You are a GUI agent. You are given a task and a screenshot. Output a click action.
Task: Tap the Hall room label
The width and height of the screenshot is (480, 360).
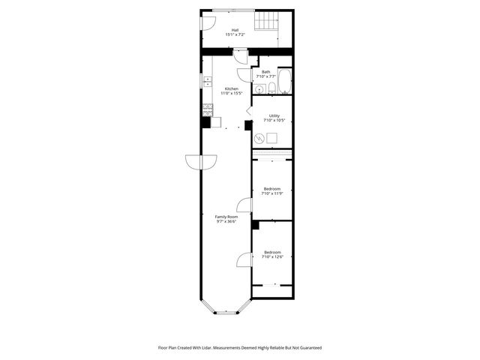click(235, 30)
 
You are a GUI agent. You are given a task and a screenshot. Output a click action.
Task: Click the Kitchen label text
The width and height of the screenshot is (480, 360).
click(232, 88)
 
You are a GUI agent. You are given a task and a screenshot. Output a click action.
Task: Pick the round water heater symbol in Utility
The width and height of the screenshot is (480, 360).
click(259, 138)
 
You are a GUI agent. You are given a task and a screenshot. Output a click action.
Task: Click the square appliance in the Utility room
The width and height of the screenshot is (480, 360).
click(272, 137)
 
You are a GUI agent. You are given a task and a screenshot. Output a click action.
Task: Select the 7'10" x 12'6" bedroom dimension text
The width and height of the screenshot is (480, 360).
click(271, 256)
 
